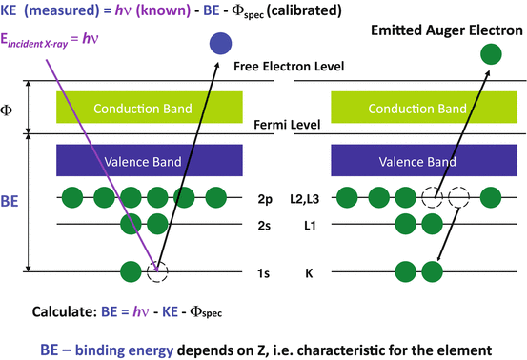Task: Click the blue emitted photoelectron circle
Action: coord(220,43)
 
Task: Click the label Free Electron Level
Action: coord(288,68)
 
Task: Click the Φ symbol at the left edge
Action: coord(10,108)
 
